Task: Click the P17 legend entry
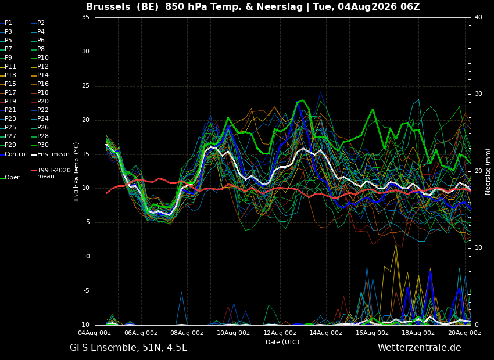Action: tap(8, 92)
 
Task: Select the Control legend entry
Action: tap(13, 154)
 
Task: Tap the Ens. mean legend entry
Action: tap(50, 154)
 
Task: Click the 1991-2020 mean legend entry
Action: tap(51, 173)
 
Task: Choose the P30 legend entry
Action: tap(40, 145)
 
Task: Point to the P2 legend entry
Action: tap(38, 23)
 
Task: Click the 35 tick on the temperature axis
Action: tap(85, 17)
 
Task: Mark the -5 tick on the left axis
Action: tap(85, 291)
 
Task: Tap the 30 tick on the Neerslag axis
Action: tap(478, 94)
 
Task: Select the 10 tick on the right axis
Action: tap(478, 248)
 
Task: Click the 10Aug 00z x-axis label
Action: tap(233, 333)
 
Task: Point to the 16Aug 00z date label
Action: tap(372, 333)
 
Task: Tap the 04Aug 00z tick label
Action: tap(94, 333)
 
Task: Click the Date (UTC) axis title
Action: tap(282, 342)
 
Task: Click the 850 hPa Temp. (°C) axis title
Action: tap(77, 172)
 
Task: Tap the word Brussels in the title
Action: tap(108, 6)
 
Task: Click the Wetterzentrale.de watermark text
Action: tap(420, 348)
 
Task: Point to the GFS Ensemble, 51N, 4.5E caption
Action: tap(128, 348)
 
